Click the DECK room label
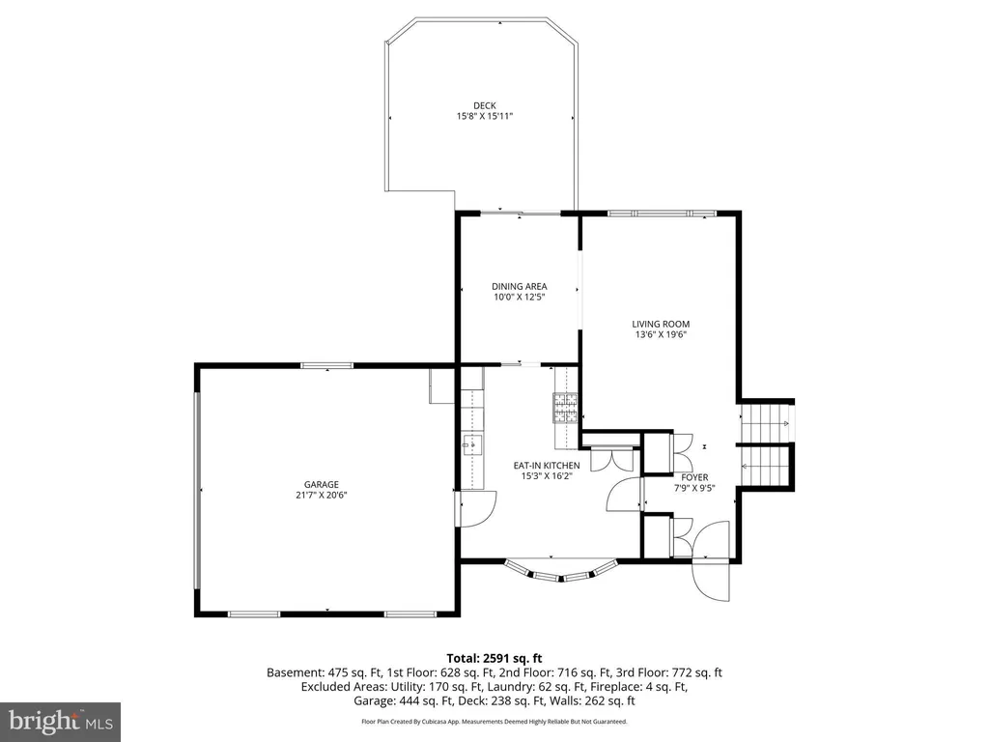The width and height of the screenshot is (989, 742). coord(485,106)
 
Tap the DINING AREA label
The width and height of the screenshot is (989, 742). coord(519,286)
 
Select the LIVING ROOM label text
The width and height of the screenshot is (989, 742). coord(661,325)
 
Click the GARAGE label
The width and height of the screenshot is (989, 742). coord(322,485)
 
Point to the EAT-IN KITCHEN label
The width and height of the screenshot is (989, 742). coord(547,466)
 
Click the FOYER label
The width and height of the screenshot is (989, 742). coord(694,477)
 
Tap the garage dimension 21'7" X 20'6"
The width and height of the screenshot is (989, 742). coord(322,496)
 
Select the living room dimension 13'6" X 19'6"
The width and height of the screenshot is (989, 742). coord(661,335)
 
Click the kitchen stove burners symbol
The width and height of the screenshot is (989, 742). coord(566,408)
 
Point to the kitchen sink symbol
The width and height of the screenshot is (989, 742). coord(472,445)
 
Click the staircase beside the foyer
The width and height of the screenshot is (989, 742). coord(766,444)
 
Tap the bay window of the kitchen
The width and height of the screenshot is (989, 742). coord(560,570)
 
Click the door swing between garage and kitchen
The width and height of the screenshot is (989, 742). coord(477,508)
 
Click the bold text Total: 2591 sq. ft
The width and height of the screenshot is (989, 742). coord(494,659)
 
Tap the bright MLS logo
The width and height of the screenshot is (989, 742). coord(61,721)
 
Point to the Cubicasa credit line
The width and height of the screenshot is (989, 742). coord(494,721)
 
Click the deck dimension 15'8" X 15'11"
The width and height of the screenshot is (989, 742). coord(485,117)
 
